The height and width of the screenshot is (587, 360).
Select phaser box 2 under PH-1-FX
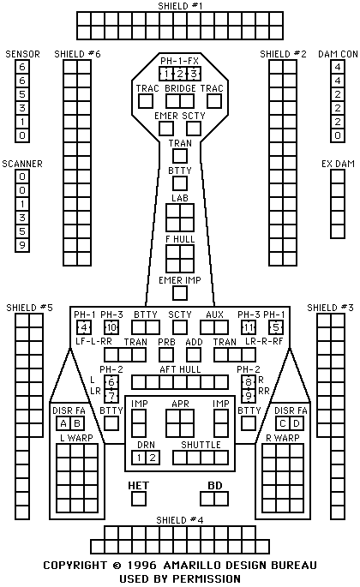pos(180,74)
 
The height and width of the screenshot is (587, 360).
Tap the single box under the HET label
pos(139,499)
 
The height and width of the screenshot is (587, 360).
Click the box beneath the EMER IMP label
pos(180,293)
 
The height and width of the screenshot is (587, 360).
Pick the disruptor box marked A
pos(63,423)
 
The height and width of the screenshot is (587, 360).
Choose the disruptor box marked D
pos(297,423)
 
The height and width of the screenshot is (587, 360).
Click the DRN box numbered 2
pos(153,458)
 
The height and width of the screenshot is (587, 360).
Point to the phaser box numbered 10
pos(111,327)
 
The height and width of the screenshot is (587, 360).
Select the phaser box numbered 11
pos(249,327)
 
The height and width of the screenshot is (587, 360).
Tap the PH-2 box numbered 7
pos(111,396)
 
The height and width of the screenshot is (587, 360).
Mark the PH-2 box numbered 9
pos(249,396)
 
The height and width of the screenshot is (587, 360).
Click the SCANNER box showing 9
pos(22,245)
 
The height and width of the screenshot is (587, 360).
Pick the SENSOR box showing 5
pos(22,94)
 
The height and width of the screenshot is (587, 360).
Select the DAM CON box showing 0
pos(338,135)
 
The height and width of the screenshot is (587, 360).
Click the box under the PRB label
pos(166,355)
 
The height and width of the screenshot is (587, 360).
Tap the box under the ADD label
pos(194,355)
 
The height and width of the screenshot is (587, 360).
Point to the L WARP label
pos(77,438)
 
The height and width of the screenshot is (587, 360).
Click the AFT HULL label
pos(180,369)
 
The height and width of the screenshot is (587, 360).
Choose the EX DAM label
pos(338,164)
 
